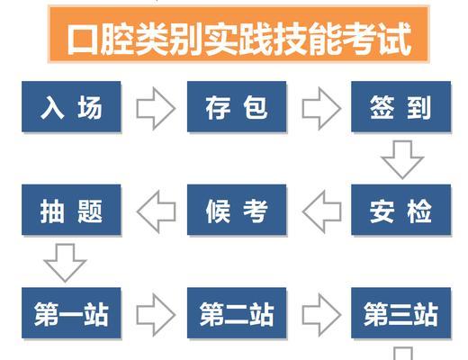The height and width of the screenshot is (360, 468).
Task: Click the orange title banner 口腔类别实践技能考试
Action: tap(238, 34)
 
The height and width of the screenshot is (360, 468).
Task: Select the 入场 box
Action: tap(71, 106)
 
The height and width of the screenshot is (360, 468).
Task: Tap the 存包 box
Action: tap(237, 106)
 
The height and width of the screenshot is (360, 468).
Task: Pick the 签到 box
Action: tap(401, 106)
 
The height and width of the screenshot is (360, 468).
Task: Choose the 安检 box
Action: tap(401, 210)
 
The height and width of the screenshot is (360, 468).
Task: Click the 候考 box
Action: tap(237, 210)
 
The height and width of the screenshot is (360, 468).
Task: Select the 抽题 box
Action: tap(71, 210)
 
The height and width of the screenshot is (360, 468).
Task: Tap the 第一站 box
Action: tap(71, 313)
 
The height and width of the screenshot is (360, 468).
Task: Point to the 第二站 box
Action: tap(237, 313)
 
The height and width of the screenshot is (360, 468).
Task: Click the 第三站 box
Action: tap(401, 313)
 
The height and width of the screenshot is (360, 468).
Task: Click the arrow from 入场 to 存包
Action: tap(156, 108)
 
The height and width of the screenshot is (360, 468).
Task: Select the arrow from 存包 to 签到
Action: tap(321, 108)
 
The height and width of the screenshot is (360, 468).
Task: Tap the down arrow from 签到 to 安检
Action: tap(402, 159)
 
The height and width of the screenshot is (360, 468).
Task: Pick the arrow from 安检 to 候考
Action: tap(322, 211)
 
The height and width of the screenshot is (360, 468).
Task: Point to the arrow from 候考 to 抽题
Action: tap(157, 211)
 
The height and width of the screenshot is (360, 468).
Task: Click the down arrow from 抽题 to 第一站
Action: tap(65, 263)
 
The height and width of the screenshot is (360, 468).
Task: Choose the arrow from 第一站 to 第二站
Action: tap(156, 315)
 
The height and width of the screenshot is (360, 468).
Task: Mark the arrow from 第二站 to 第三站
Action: tap(321, 315)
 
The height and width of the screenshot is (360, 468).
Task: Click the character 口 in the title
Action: tap(82, 40)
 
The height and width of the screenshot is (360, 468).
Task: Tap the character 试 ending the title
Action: tap(395, 40)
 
